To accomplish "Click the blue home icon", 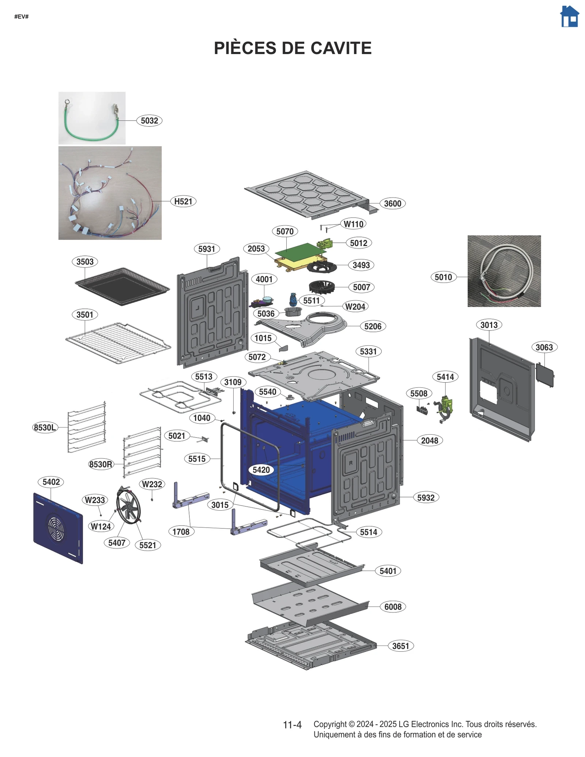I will [569, 17].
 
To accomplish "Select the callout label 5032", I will [149, 121].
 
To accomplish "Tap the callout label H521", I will [183, 201].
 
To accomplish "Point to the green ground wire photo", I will [92, 118].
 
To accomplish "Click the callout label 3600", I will [392, 204].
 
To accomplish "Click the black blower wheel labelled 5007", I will [322, 288].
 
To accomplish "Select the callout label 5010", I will [443, 277].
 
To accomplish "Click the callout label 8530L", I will [45, 427].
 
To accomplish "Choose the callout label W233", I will [95, 500].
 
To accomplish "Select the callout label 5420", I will [261, 470].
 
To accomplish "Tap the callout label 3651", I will [400, 646].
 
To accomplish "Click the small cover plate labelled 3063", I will [544, 374].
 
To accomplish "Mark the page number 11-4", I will [292, 724].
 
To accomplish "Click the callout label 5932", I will [426, 497].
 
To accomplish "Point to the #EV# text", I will [21, 16].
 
